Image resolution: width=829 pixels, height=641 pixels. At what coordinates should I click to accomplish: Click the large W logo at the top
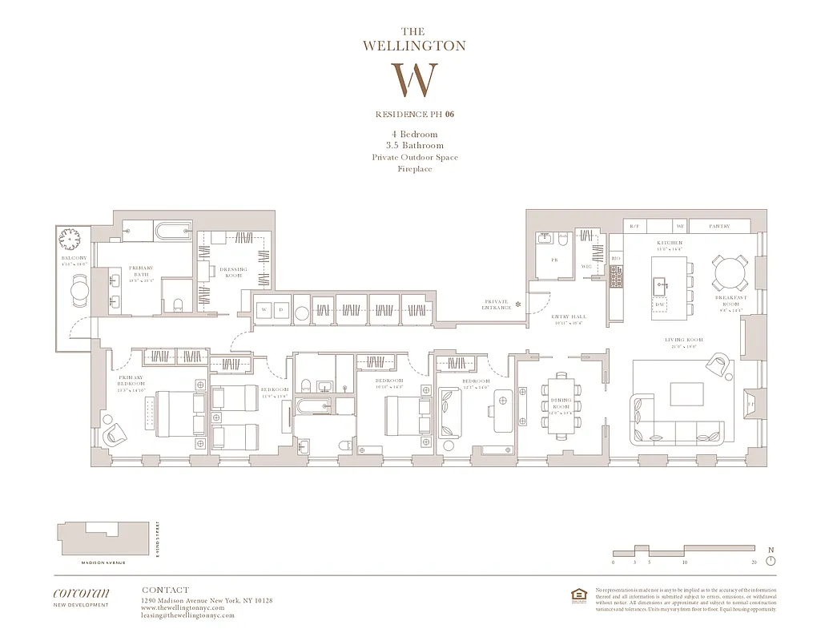(x=414, y=80)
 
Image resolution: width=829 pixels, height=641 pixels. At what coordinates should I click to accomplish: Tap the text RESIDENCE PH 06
(x=414, y=115)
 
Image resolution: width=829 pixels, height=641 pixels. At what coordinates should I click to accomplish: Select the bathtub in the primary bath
(x=171, y=232)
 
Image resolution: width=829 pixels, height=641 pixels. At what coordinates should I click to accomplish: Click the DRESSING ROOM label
(x=233, y=272)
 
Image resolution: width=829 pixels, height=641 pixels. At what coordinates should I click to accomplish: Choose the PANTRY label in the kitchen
(x=719, y=227)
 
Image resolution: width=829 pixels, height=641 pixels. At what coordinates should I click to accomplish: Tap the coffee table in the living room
(x=686, y=394)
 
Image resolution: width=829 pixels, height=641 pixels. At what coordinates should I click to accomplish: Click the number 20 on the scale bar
(x=755, y=563)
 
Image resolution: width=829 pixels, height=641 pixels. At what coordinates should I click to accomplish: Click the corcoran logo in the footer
(x=81, y=593)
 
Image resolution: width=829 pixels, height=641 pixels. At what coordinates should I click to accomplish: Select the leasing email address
(x=187, y=615)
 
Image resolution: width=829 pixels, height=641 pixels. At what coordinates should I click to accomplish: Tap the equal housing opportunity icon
(x=577, y=594)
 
